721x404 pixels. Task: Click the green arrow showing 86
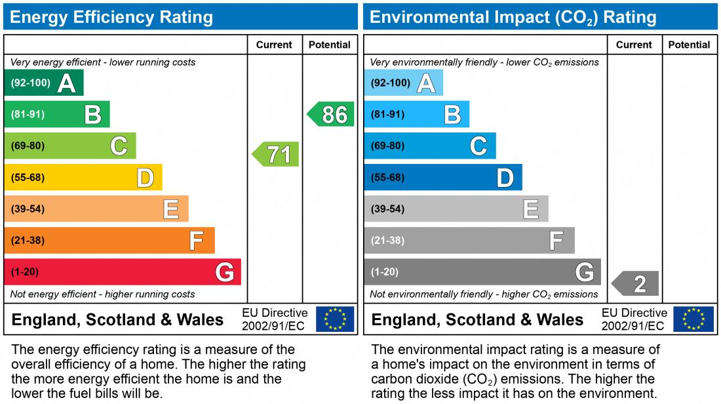[332, 114]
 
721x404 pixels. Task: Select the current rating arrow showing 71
[277, 154]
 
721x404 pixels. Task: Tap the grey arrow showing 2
[636, 283]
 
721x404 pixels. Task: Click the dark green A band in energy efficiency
[43, 83]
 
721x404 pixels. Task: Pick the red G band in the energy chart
[122, 272]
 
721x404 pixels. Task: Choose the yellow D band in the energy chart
[83, 177]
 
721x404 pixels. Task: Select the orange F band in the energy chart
[109, 240]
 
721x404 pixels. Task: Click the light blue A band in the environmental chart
[403, 83]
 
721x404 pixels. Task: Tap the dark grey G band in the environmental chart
[482, 272]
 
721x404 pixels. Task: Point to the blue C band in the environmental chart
[429, 146]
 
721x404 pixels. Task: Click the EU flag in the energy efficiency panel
[335, 319]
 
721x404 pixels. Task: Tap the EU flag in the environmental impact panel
[694, 319]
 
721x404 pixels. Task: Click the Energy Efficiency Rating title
[111, 17]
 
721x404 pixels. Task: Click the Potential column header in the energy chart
[329, 45]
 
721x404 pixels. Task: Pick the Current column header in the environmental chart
[634, 45]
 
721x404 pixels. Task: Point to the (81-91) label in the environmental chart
[387, 114]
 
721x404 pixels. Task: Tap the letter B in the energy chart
[93, 115]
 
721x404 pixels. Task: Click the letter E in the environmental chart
[531, 209]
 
